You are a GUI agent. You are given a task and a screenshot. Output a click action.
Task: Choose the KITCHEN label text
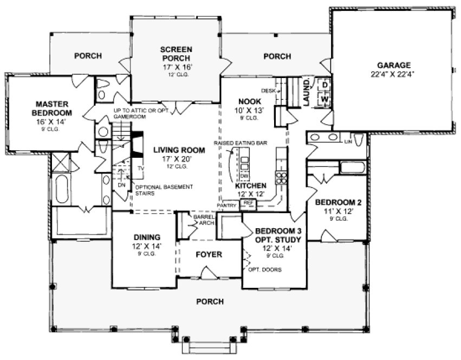tap(250, 185)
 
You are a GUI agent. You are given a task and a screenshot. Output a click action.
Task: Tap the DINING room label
tap(146, 237)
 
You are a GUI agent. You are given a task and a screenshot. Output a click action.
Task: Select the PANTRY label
tap(226, 206)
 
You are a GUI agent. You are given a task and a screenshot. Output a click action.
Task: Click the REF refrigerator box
tap(248, 203)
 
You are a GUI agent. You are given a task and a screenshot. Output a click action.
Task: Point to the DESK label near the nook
tap(268, 91)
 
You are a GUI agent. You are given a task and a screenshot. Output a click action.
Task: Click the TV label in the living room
tap(140, 169)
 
